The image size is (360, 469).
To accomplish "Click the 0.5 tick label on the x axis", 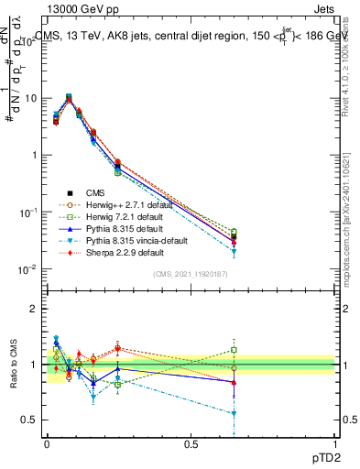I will click(x=191, y=443).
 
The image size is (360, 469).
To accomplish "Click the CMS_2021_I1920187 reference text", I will click(x=191, y=274).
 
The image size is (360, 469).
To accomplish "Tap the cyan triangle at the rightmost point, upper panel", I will click(x=235, y=252).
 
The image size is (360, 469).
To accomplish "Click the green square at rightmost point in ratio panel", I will click(x=235, y=350).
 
